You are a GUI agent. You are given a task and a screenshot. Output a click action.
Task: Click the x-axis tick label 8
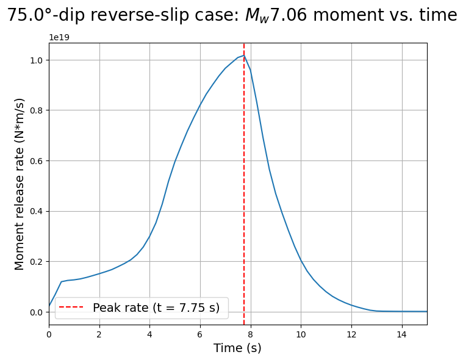point(251,334)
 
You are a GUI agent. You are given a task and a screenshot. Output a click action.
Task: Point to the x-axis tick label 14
point(402,334)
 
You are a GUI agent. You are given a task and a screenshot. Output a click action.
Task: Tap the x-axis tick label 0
point(49,334)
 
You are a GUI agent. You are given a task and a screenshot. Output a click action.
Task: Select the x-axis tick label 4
point(149,334)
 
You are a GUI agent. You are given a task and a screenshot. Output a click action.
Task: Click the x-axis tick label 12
point(351,334)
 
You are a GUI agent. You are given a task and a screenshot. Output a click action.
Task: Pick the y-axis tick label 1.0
point(37,60)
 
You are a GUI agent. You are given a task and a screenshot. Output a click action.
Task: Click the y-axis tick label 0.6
point(37,161)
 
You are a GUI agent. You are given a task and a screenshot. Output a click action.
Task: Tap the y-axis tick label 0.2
point(37,262)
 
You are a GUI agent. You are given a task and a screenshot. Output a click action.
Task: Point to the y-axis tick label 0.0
point(37,312)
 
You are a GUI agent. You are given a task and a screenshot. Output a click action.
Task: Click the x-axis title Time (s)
point(237,348)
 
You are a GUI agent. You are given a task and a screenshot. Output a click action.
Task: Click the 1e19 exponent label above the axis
point(59,37)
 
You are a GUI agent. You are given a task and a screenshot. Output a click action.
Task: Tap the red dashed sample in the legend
point(71,307)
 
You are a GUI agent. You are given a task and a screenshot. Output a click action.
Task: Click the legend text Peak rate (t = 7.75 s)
point(156,308)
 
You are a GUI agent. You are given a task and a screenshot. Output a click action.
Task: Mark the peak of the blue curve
point(244,56)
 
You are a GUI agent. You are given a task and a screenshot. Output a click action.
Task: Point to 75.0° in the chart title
point(31,15)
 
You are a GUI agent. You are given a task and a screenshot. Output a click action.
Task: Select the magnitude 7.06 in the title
point(289,15)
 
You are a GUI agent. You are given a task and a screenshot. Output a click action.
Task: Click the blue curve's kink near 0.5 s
point(62,281)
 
